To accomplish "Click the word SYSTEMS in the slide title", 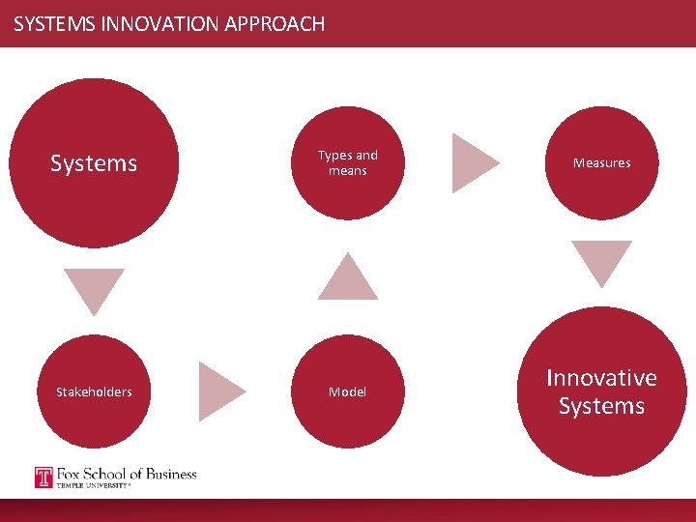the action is (53, 24).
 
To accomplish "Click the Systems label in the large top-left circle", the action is (94, 163).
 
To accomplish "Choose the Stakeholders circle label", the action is (94, 391).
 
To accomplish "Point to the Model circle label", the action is (347, 391).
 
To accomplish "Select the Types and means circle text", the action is (348, 162).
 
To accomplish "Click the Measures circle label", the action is (601, 163).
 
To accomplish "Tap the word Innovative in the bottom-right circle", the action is (601, 378).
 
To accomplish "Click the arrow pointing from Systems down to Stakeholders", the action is (94, 287).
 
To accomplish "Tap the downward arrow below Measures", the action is (601, 260).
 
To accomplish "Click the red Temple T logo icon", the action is (43, 478).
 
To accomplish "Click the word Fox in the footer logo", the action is (70, 474).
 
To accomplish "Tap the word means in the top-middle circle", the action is (348, 171).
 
